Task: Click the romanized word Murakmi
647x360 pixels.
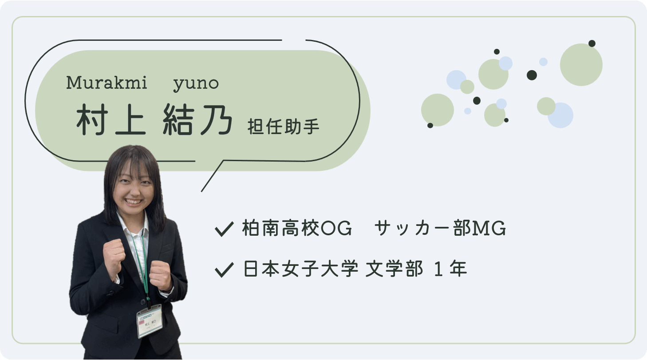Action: click(x=107, y=83)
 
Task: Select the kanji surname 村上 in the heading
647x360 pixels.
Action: click(x=111, y=120)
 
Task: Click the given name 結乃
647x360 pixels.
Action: click(x=197, y=120)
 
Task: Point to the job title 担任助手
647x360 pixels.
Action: click(x=284, y=126)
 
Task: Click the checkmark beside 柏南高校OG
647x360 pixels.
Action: click(x=224, y=229)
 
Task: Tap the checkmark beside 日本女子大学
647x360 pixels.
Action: click(x=224, y=269)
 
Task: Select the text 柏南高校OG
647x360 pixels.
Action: click(x=297, y=229)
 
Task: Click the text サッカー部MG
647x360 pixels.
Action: click(x=440, y=229)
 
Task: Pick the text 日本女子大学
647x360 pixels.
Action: click(x=301, y=269)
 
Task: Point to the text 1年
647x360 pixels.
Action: click(x=450, y=269)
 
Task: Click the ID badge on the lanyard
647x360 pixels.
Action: click(x=150, y=320)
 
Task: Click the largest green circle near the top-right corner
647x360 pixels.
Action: click(x=581, y=65)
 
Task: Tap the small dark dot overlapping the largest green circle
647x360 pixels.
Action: click(x=592, y=43)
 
